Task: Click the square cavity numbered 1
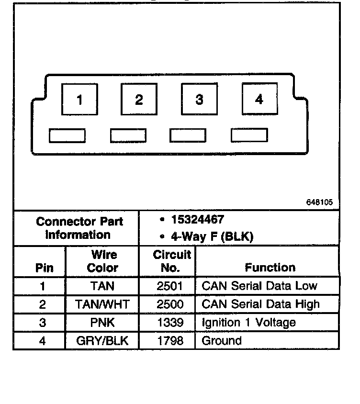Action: click(79, 100)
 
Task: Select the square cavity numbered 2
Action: click(139, 100)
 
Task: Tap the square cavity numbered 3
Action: click(199, 100)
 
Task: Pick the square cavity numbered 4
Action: click(259, 99)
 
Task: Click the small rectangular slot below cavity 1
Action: click(67, 136)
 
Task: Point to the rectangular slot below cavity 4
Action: click(249, 135)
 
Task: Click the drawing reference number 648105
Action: click(319, 202)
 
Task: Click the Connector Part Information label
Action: click(79, 228)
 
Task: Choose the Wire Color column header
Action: click(102, 261)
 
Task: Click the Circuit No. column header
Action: click(172, 261)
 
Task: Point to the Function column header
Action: click(270, 267)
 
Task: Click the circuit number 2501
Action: click(170, 286)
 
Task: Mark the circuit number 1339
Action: click(170, 323)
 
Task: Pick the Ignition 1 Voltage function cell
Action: click(248, 323)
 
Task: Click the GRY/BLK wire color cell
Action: click(102, 341)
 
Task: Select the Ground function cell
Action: click(222, 341)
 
